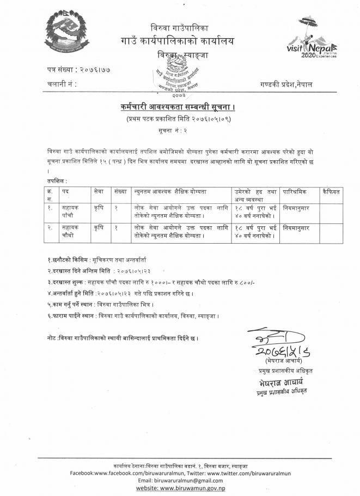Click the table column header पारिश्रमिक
pos(296,192)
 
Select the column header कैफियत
pos(331,192)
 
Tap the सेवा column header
pos(99,192)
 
